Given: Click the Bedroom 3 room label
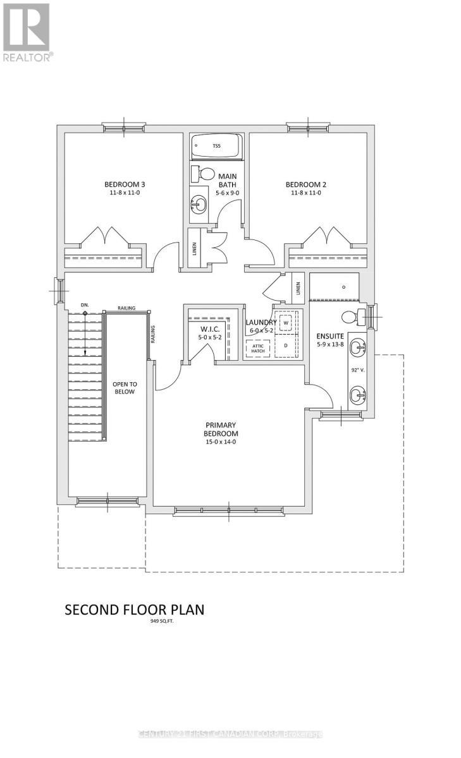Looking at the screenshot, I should point(125,184).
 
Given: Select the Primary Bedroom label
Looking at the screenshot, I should point(220,430).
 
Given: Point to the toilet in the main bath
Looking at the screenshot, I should point(205,174).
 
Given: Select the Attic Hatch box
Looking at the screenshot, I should point(257,349).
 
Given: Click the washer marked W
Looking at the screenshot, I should point(286,323).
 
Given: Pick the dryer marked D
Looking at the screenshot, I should point(286,346).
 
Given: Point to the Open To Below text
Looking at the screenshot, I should point(125,387).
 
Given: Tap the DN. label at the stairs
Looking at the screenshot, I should point(85,305).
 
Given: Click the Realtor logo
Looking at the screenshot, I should point(27,32).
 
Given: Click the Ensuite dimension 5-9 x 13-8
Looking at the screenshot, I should point(331,344).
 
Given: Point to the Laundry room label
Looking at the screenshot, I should point(261,322).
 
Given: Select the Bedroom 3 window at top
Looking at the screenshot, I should point(124,128).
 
